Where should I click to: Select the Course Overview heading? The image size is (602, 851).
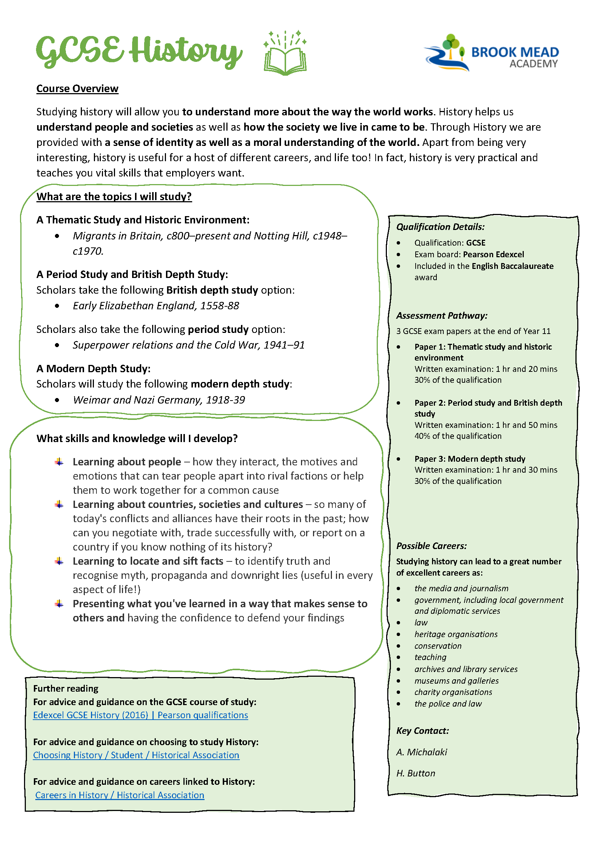click(x=77, y=88)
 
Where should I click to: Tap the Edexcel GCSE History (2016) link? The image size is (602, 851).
click(x=140, y=715)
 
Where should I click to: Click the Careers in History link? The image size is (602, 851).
click(x=120, y=795)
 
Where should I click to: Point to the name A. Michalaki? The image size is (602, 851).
click(x=421, y=752)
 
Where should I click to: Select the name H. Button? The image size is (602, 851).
click(x=416, y=773)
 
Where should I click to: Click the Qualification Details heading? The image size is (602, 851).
click(x=440, y=227)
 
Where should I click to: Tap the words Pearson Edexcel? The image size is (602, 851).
click(x=494, y=254)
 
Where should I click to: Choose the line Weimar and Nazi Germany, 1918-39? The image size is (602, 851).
click(x=159, y=400)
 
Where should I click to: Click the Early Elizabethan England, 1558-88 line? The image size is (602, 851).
click(x=156, y=306)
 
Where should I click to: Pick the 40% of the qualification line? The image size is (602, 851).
click(x=458, y=436)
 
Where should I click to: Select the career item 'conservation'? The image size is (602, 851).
click(x=438, y=646)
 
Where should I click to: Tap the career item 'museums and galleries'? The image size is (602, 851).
click(x=456, y=681)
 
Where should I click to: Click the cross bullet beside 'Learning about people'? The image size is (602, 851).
click(x=59, y=462)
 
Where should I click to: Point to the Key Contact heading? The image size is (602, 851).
click(x=423, y=731)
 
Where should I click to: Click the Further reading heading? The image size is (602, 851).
click(x=66, y=688)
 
